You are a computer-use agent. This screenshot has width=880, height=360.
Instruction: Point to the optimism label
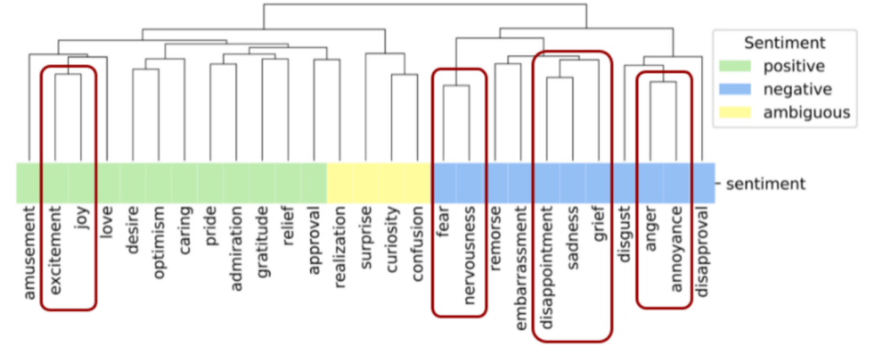(x=159, y=244)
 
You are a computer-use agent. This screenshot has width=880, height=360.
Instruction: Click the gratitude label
(x=262, y=244)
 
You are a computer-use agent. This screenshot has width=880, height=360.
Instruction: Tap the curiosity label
(x=393, y=242)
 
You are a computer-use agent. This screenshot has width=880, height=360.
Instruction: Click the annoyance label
(x=676, y=248)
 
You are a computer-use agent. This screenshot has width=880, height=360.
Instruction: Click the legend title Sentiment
(x=785, y=42)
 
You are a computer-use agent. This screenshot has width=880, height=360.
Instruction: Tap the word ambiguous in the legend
(x=807, y=112)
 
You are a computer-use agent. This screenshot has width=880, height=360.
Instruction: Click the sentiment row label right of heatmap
(x=765, y=183)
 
